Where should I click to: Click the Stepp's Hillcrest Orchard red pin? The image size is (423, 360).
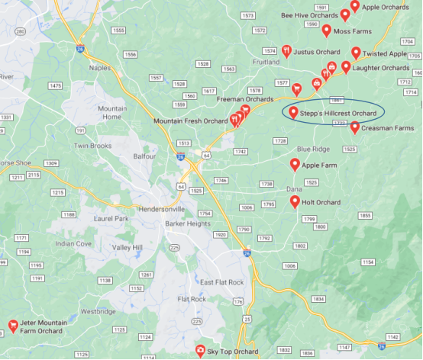pos(293,112)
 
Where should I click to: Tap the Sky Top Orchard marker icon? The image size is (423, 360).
pos(200,350)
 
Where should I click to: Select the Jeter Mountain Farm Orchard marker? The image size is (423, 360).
pos(13,326)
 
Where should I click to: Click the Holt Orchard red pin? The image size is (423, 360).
pos(295,201)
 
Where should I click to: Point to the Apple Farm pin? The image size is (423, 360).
pos(295,164)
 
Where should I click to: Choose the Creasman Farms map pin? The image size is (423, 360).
pos(355,127)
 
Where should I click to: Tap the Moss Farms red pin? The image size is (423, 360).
pos(326,30)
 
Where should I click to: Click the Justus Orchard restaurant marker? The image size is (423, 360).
pos(286,51)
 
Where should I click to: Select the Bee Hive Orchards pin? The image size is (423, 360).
pos(345,14)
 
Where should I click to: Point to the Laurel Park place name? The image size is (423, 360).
pos(86,217)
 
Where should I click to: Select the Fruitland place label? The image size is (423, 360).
pos(264,62)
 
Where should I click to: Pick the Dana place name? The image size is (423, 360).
pos(294,188)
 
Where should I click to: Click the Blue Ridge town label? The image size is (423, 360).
pos(314,149)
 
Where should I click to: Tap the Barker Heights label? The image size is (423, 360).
pos(188,223)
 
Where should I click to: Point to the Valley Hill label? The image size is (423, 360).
pos(127,248)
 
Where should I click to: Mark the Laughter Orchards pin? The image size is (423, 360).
pos(346,66)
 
